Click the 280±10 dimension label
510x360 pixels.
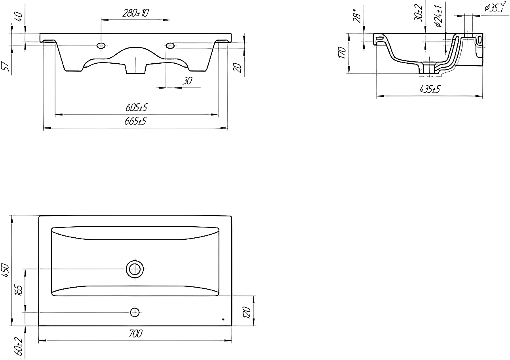coord(135,13)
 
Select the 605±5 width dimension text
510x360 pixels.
coord(136,107)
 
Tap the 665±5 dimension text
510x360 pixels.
coord(135,121)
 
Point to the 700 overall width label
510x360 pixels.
coord(136,333)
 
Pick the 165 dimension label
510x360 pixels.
coord(19,290)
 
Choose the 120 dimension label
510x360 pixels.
coord(247,312)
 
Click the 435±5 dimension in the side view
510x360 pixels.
coord(430,89)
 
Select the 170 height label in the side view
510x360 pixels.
coord(342,53)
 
